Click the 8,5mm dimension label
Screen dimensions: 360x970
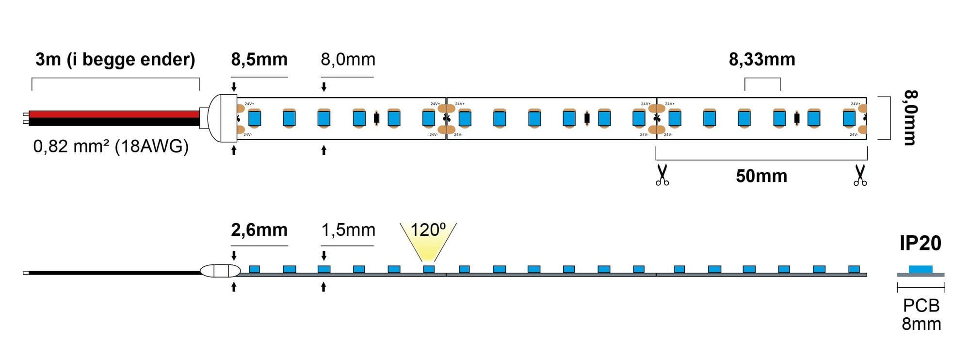point(259,60)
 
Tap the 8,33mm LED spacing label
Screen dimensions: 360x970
point(762,60)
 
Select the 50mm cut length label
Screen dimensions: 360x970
point(761,176)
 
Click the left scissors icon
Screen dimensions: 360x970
point(662,175)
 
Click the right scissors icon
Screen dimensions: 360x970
point(860,175)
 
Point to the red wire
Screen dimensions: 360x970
point(114,114)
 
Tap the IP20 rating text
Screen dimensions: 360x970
point(920,243)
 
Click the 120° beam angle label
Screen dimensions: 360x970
point(428,230)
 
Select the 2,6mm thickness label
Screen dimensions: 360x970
point(259,230)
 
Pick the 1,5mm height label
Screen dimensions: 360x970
point(348,230)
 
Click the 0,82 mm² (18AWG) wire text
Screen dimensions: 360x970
point(111,146)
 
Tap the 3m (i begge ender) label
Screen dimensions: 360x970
point(115,60)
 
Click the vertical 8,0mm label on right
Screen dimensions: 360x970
point(910,118)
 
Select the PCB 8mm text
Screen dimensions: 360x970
point(921,314)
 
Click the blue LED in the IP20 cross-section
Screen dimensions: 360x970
point(920,269)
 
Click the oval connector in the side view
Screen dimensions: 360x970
point(220,271)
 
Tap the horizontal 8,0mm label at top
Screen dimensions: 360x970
point(348,60)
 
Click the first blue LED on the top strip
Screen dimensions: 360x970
point(255,118)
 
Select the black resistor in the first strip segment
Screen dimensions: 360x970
point(376,118)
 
